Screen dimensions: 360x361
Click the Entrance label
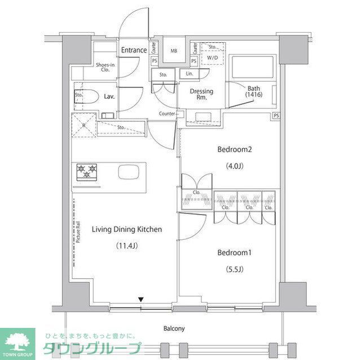[134, 50]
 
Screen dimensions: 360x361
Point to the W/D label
[213, 57]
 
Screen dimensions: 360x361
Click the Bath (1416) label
[254, 91]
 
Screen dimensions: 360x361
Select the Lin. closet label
[188, 74]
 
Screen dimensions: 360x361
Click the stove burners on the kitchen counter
[87, 171]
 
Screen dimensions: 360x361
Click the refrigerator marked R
[83, 125]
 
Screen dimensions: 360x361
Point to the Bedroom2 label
[234, 150]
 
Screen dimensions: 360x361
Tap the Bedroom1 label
[234, 252]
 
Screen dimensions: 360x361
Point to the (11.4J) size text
[127, 246]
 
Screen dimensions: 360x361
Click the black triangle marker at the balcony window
[142, 299]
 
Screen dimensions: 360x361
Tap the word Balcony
[174, 328]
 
